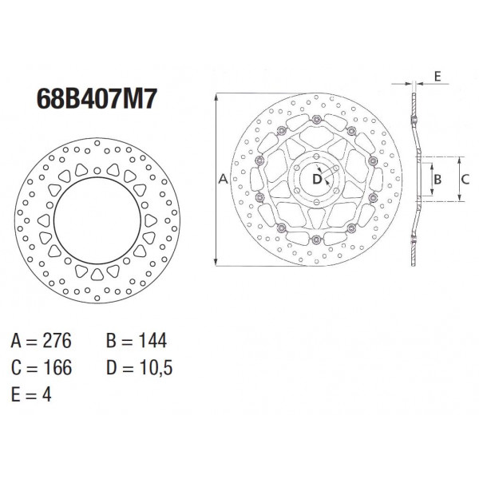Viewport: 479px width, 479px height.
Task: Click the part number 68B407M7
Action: (97, 99)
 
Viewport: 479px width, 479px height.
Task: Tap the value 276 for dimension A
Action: (57, 340)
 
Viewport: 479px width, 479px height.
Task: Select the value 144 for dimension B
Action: (152, 340)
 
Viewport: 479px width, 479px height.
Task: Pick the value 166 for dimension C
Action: (57, 367)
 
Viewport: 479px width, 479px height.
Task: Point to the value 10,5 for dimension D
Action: (156, 368)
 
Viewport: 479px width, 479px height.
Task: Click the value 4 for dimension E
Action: (46, 394)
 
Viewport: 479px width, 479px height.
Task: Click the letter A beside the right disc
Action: (224, 179)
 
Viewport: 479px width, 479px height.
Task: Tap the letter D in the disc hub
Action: (317, 179)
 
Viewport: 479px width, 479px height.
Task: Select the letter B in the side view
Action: (437, 179)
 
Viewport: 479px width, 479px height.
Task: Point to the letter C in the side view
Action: (465, 179)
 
